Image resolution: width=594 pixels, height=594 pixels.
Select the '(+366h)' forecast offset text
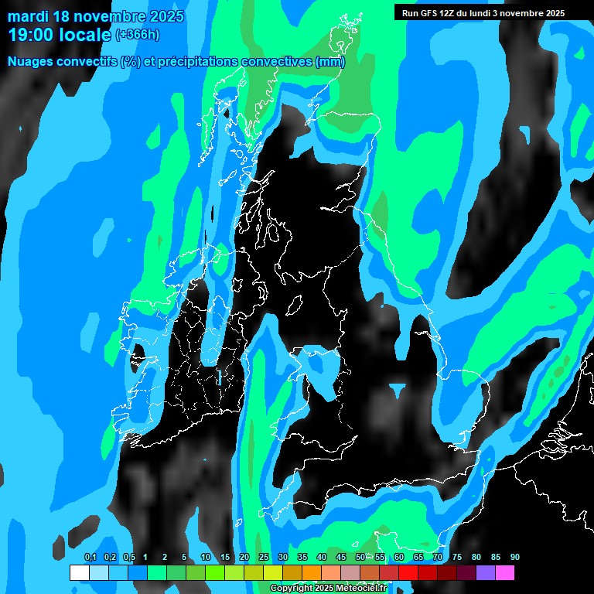[137, 34]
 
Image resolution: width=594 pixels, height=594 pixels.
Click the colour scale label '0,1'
[90, 558]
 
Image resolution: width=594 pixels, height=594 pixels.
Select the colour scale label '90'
[515, 558]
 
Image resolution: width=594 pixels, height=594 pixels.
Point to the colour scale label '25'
[263, 558]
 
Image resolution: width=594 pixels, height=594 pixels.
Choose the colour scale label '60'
[399, 558]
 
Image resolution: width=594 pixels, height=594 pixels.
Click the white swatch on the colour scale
[79, 572]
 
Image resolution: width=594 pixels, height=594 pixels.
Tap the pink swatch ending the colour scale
[505, 572]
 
